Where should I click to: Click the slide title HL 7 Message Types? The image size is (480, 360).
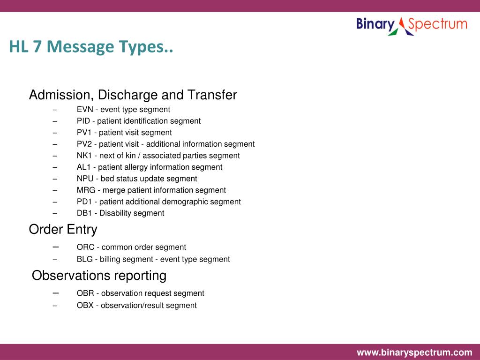coord(91,47)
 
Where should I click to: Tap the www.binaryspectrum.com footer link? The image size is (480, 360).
coord(414,352)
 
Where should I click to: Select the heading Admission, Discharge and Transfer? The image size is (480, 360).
coord(133,95)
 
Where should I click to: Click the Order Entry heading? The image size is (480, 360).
coord(63,229)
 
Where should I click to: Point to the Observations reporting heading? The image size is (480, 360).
coord(99,275)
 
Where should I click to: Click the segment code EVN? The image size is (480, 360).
coord(84,109)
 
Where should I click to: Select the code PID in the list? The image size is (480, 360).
coord(83,121)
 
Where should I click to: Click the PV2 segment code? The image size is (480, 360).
coord(84,144)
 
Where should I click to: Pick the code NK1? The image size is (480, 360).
coord(84,156)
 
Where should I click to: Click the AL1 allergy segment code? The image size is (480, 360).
coord(84,167)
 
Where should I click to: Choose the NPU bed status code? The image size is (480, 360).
coord(85,179)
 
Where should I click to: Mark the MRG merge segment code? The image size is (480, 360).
coord(86,190)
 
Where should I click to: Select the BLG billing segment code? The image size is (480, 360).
coord(85,259)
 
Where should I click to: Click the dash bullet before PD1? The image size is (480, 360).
coord(55,202)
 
